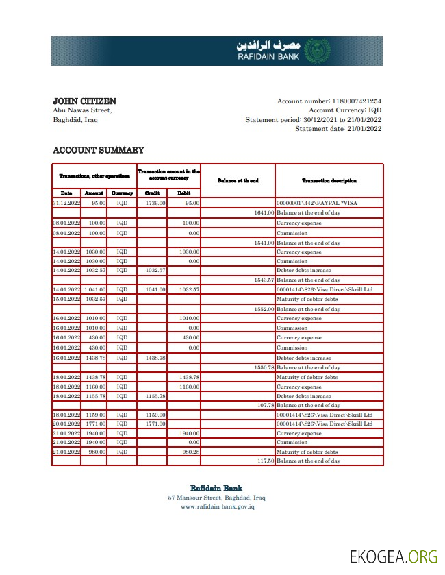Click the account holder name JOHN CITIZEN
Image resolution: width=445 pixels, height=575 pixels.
84,101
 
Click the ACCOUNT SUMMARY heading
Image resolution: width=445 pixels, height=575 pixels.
99,150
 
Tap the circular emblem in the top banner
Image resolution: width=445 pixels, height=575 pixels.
316,51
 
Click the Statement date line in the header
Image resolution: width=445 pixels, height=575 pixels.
338,128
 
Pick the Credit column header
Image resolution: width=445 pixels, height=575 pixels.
152,193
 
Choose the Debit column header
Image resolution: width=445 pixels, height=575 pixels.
183,193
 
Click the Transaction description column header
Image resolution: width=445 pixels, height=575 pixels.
329,180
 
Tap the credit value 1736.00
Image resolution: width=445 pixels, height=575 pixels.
155,204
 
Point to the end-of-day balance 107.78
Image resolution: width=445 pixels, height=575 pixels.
265,406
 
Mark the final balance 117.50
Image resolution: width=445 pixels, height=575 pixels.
265,461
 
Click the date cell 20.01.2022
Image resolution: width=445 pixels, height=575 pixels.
66,424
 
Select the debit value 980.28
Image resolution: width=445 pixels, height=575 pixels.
189,452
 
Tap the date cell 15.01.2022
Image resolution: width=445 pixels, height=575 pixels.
66,299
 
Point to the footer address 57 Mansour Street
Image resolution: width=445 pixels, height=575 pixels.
216,498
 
